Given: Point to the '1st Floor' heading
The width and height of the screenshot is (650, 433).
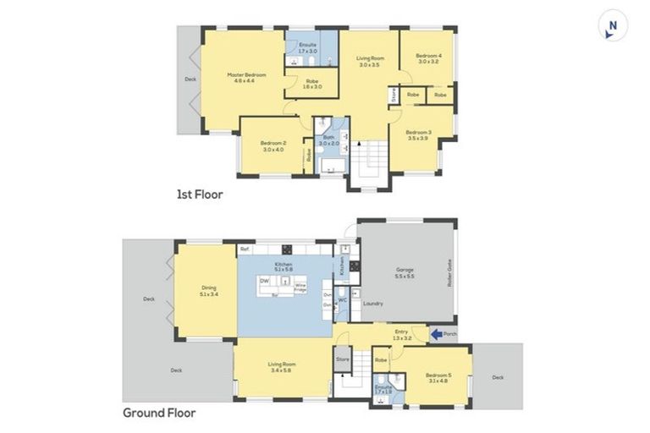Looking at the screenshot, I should point(199,194).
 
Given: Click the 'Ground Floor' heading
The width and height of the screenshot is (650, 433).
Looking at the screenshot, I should point(159,413).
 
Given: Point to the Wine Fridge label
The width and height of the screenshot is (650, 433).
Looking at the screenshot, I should point(300,288).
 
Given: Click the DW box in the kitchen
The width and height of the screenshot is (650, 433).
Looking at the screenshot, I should point(265,280).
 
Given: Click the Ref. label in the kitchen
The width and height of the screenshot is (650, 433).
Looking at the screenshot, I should point(244,249).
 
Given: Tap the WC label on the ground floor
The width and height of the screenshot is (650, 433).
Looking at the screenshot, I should point(343,299).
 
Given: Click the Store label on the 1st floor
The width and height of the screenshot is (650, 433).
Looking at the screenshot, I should point(394,96).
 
